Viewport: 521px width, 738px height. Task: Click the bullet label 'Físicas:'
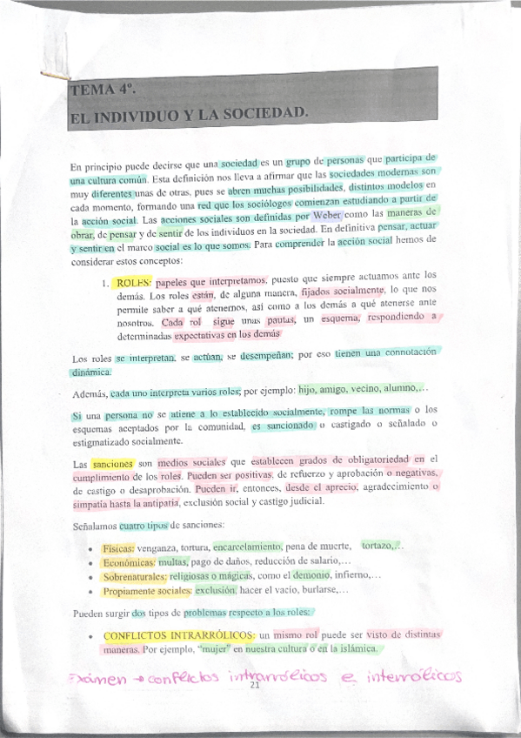[117, 547]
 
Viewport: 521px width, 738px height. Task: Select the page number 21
[255, 686]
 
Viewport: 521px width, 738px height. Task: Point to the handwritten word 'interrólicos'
[417, 676]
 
